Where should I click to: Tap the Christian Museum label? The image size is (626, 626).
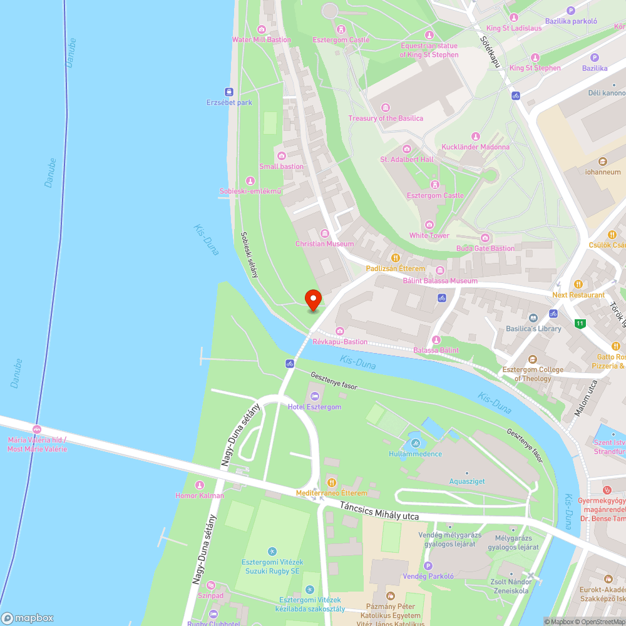[325, 244]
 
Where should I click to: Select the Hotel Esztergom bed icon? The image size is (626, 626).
[314, 396]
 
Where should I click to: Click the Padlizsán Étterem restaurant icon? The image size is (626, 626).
[396, 258]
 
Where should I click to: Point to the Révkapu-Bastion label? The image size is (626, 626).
[340, 342]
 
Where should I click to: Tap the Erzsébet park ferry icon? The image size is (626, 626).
[230, 91]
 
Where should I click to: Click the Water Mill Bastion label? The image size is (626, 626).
[262, 39]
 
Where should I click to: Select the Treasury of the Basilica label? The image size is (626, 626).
[386, 118]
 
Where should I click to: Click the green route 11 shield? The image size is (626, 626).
[580, 324]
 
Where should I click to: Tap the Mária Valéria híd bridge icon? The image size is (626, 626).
[37, 429]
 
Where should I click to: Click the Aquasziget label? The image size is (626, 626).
[467, 481]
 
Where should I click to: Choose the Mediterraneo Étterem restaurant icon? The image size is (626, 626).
[332, 483]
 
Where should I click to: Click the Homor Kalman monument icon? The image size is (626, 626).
[200, 485]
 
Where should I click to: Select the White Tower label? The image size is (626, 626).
[429, 235]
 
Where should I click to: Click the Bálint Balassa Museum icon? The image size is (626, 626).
[439, 270]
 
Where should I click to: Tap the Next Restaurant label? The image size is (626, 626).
[578, 295]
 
